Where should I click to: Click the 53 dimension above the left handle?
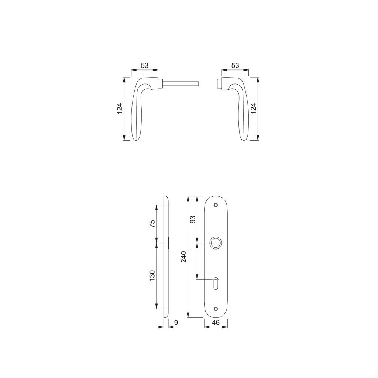point(144,65)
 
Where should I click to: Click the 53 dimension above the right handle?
point(235,65)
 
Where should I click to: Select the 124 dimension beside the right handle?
point(253,109)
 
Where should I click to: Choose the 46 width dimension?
point(216,323)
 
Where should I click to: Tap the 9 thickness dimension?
point(176,323)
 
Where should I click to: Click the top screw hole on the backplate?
point(216,204)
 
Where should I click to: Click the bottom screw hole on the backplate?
point(216,309)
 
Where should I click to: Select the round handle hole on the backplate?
point(216,243)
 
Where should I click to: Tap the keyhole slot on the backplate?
point(216,283)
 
